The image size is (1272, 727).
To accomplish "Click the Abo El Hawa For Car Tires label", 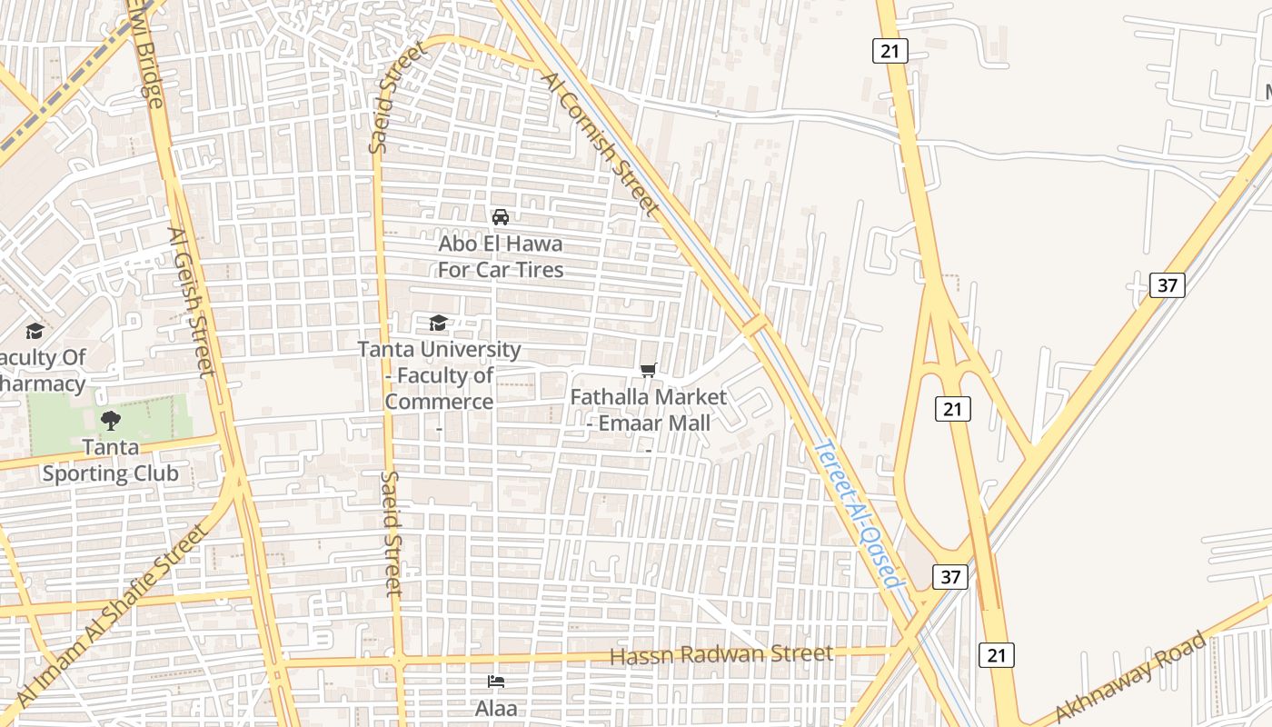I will [501, 257].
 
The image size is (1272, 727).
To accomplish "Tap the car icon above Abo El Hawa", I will [500, 217].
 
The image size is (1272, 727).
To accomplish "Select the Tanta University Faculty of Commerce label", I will [440, 375].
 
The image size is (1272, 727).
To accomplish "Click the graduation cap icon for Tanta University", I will [438, 323].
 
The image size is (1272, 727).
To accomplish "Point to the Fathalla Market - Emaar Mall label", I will [649, 410].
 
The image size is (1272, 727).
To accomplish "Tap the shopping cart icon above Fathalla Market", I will [648, 370].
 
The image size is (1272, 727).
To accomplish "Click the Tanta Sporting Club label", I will [111, 460].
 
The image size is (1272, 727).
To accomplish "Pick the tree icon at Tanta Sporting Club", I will [111, 420].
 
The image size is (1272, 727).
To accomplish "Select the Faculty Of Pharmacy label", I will [41, 371].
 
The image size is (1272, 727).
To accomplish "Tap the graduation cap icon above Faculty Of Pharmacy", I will [35, 331].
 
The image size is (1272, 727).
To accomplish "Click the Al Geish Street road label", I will [192, 301].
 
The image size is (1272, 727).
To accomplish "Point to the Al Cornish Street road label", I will [601, 145].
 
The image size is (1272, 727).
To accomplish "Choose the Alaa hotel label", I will [496, 707].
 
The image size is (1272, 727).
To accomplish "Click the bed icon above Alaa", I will [496, 682].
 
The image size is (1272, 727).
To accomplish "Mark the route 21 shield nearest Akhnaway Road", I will [996, 654].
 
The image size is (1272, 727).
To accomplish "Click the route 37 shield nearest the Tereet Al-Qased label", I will [949, 576].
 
